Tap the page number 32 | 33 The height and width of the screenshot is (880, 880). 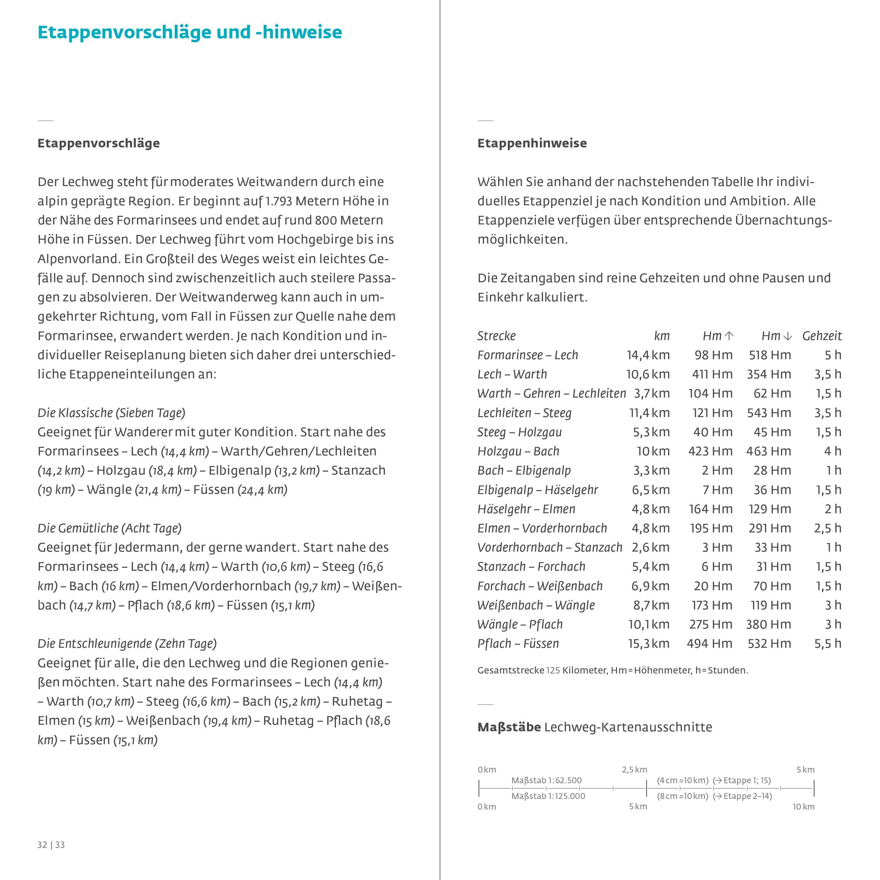tap(51, 845)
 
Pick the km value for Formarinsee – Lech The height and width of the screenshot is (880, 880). tap(648, 355)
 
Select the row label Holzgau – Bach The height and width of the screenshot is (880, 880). tap(518, 451)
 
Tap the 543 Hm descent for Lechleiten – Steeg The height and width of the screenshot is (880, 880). tap(768, 413)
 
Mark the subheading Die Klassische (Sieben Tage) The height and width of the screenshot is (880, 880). tap(111, 413)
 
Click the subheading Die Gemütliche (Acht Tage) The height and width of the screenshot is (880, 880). tap(109, 528)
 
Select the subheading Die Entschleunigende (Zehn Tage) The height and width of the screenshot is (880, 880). tap(127, 644)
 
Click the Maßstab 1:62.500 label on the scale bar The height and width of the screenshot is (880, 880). tap(546, 780)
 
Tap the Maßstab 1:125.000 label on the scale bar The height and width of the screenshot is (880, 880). tap(548, 796)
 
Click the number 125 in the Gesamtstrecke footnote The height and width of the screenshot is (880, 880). tap(553, 670)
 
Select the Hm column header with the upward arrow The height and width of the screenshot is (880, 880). tap(718, 336)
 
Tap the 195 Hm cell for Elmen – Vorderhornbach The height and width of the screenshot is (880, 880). tap(711, 528)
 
